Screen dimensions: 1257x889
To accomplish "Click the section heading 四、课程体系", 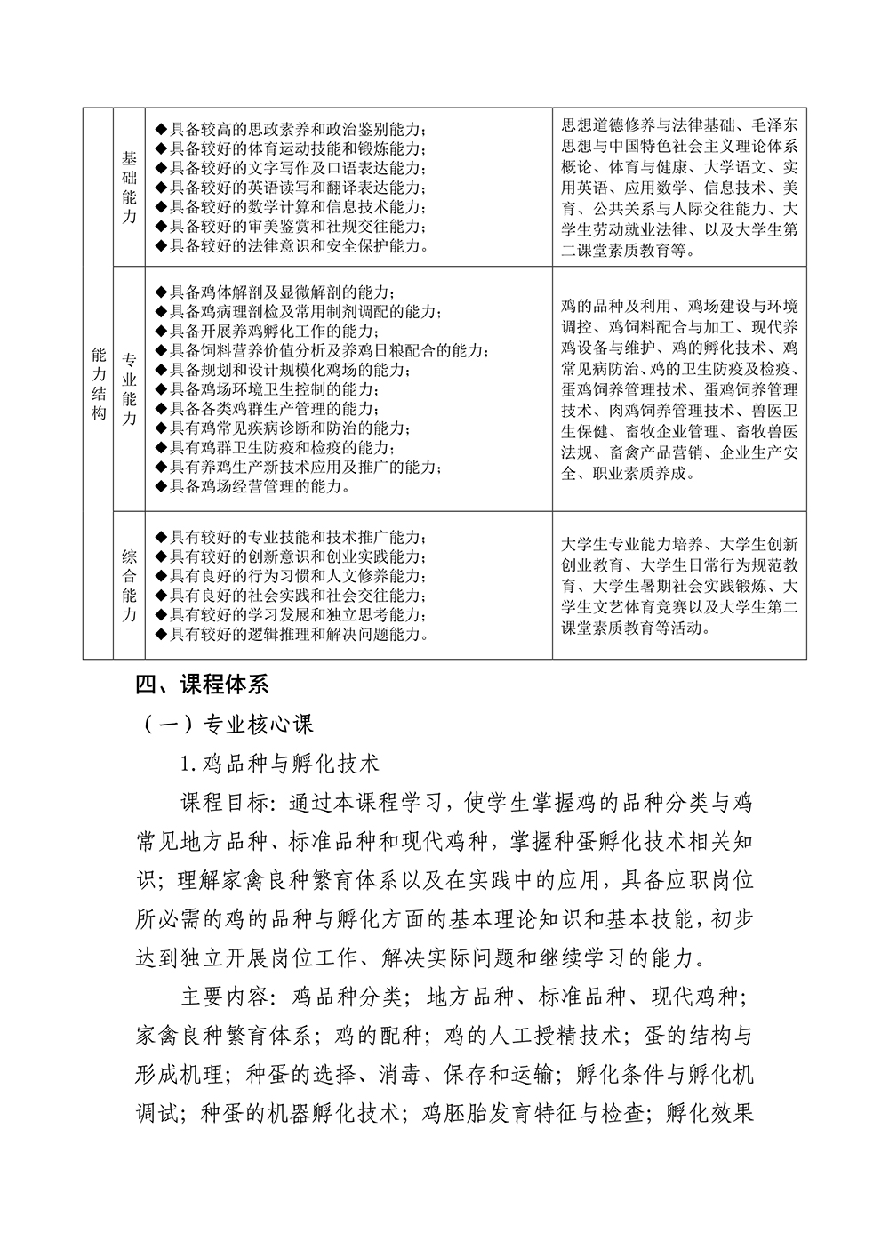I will pyautogui.click(x=200, y=685).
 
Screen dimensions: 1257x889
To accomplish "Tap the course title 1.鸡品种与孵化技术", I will pyautogui.click(x=279, y=763).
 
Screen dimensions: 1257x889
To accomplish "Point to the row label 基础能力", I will pyautogui.click(x=129, y=188).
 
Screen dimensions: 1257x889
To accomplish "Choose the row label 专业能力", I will pyautogui.click(x=129, y=389).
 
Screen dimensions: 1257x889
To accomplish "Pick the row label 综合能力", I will pyautogui.click(x=129, y=585).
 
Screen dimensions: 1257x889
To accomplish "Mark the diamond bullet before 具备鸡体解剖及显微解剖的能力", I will pyautogui.click(x=160, y=292).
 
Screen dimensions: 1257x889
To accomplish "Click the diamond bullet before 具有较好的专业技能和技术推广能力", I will pyautogui.click(x=160, y=537).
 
